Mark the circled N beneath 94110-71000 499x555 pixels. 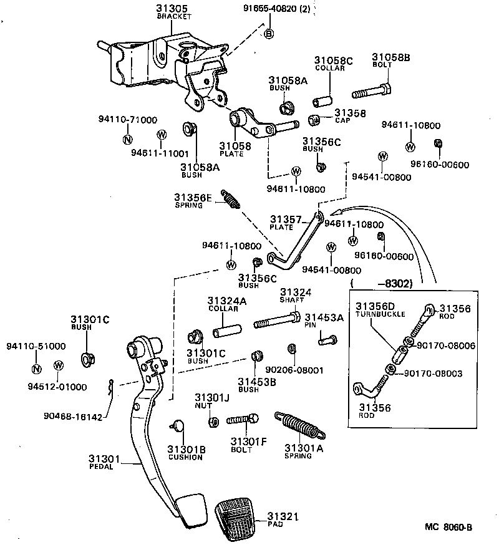pos(127,139)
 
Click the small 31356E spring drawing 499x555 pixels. pos(231,200)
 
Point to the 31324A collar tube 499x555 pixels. pos(228,324)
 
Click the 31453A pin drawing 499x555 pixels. pos(327,339)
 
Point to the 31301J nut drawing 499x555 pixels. pos(212,422)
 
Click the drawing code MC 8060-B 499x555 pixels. pos(448,528)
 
